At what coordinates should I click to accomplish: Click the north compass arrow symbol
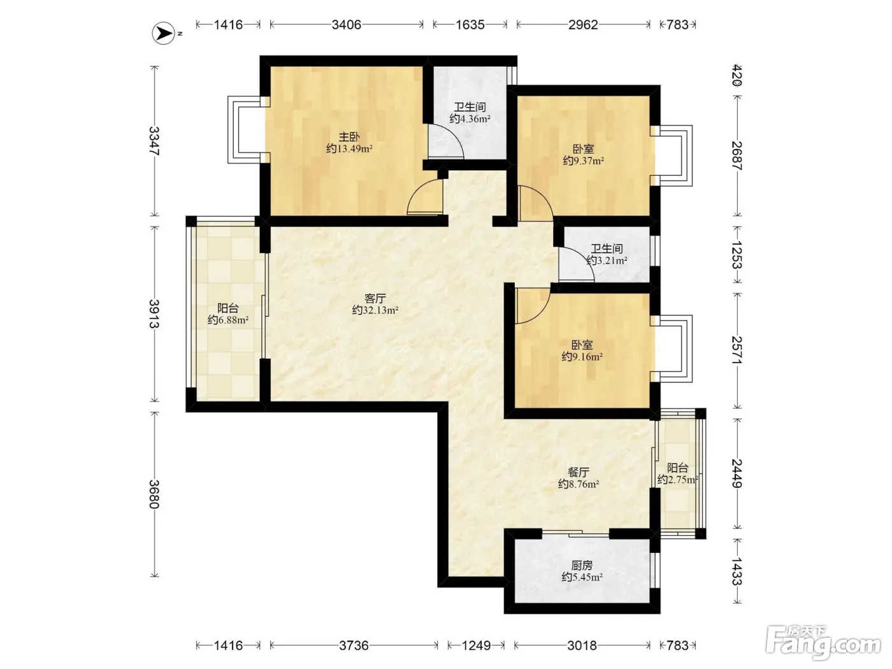164,33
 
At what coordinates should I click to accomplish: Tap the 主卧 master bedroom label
349,137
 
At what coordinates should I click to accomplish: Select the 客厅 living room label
375,299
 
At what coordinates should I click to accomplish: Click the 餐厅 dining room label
579,472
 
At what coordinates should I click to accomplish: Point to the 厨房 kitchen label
582,565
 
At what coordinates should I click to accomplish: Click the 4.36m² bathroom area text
470,119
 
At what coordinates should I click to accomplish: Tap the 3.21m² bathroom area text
607,261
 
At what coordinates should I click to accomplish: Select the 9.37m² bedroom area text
583,161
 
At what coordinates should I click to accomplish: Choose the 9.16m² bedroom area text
582,357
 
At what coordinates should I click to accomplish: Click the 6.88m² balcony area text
228,320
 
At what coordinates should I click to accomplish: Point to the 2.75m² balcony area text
677,480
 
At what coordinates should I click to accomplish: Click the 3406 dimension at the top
346,25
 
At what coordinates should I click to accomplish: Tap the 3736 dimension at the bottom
354,645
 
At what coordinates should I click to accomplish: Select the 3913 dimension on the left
154,313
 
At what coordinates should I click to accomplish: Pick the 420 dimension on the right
737,75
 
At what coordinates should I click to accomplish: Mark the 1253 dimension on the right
737,255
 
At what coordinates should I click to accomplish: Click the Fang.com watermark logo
823,643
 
